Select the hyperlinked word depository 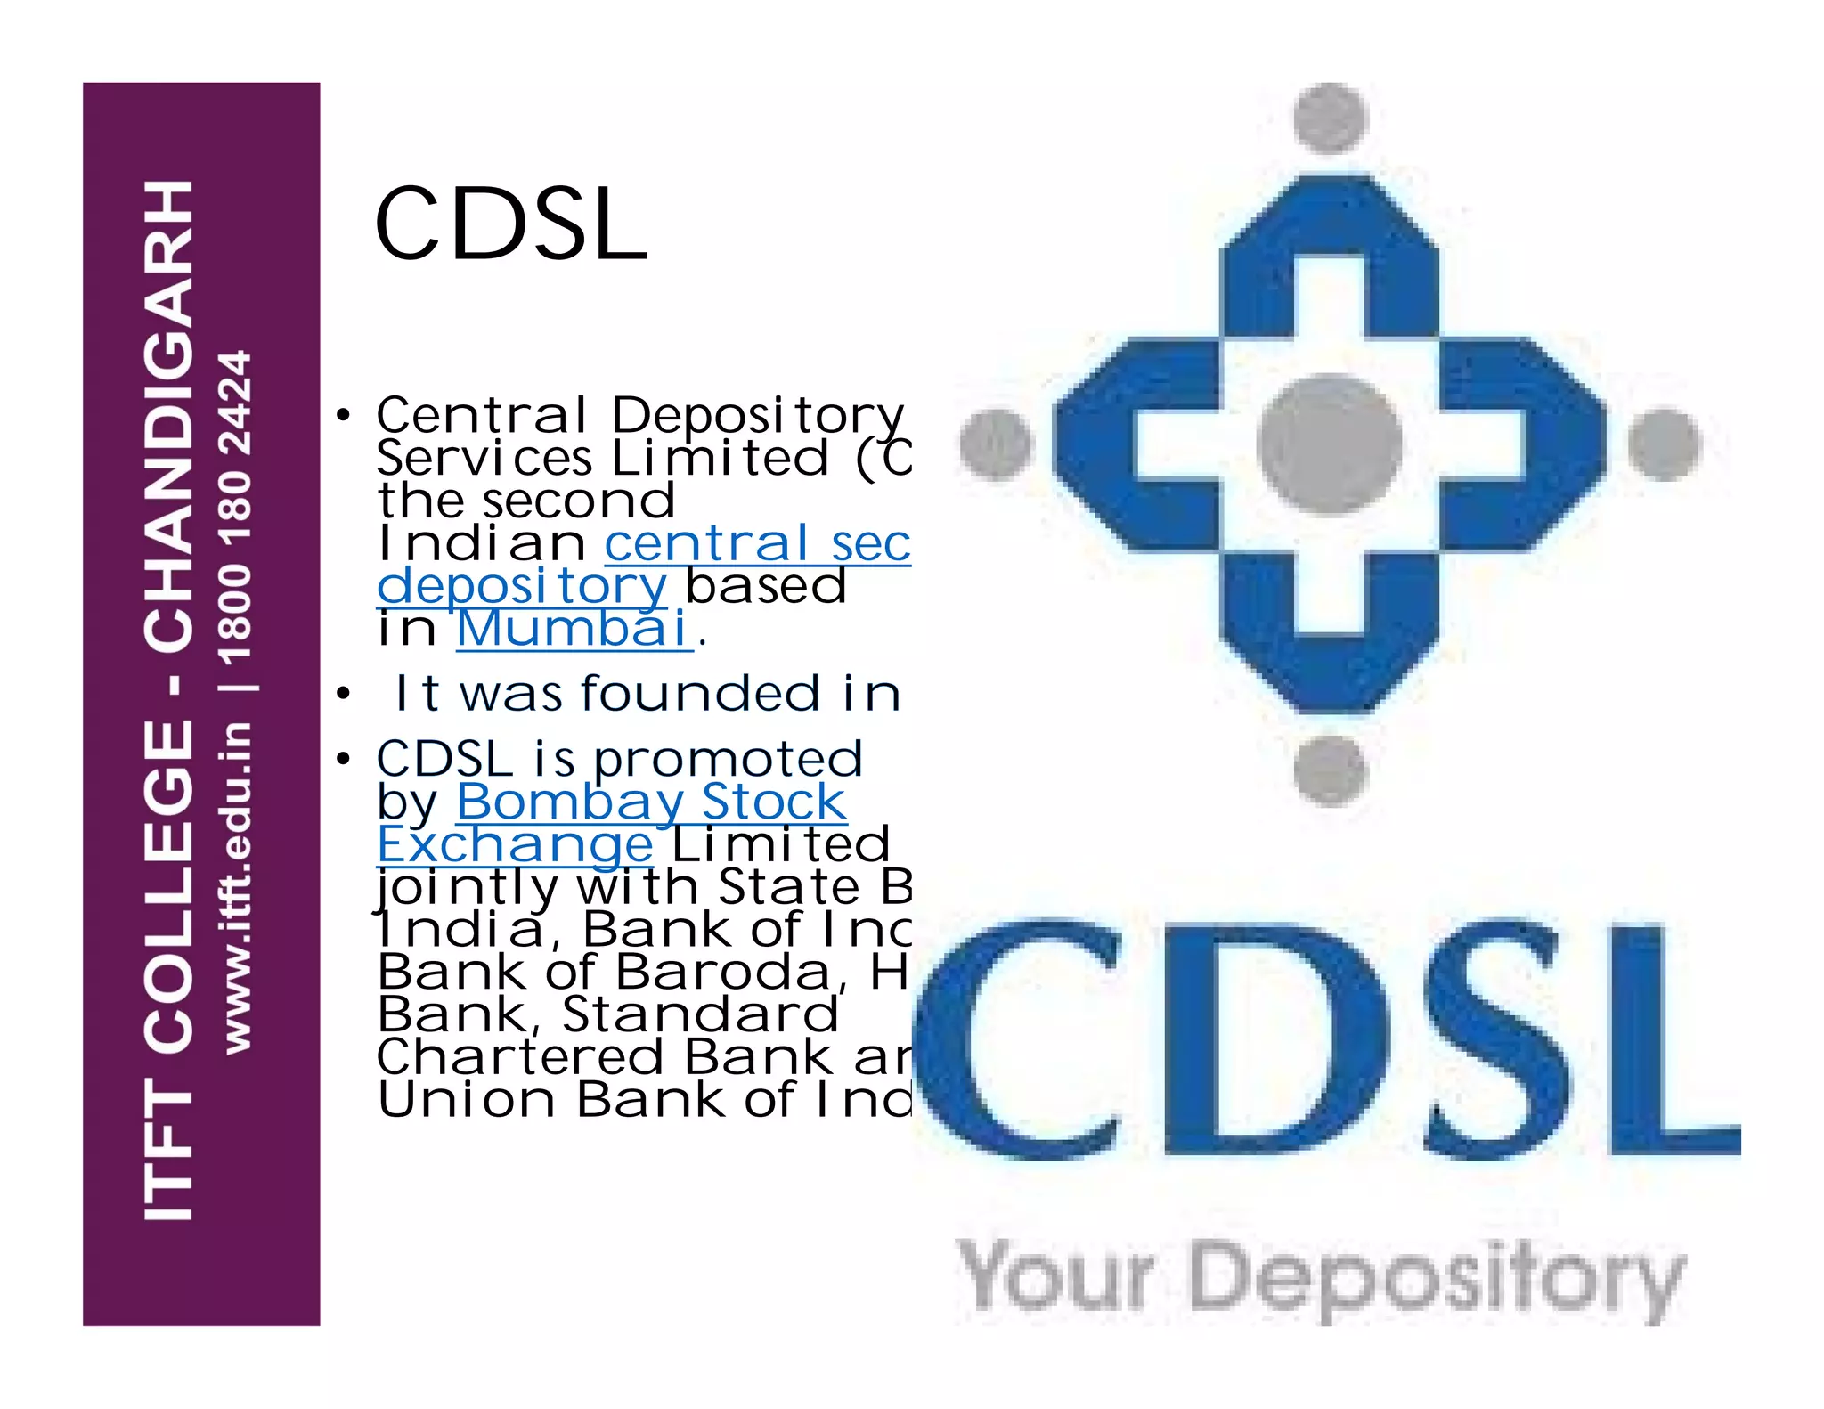click(x=521, y=586)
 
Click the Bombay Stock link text click(x=651, y=802)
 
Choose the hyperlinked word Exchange click(x=515, y=844)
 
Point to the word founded click(x=700, y=694)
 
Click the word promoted click(x=729, y=759)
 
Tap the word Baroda click(x=722, y=972)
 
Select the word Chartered click(x=520, y=1057)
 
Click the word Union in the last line click(x=467, y=1100)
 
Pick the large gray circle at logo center click(x=1330, y=444)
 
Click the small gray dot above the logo click(x=1330, y=118)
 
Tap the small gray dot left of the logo click(x=996, y=444)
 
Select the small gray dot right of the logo click(x=1665, y=444)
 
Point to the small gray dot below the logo click(x=1330, y=770)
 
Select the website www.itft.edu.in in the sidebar click(x=236, y=886)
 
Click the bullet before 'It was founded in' click(x=344, y=695)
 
